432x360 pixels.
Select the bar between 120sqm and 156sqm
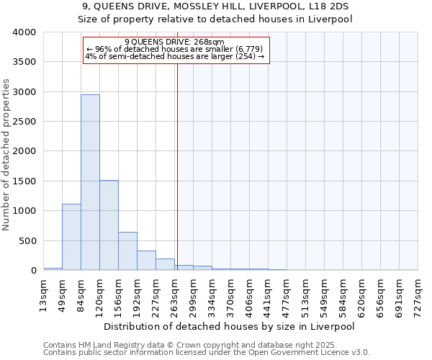pyautogui.click(x=109, y=225)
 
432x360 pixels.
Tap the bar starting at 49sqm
pyautogui.click(x=71, y=237)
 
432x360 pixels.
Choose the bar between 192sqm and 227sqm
pyautogui.click(x=146, y=260)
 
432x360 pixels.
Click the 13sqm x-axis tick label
pyautogui.click(x=43, y=292)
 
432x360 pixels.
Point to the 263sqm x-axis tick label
pyautogui.click(x=175, y=292)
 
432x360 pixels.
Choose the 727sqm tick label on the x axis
pyautogui.click(x=418, y=292)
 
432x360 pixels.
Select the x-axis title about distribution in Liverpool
pyautogui.click(x=230, y=326)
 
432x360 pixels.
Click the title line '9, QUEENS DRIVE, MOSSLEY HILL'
pyautogui.click(x=215, y=6)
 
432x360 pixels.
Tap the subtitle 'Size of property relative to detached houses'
pyautogui.click(x=215, y=19)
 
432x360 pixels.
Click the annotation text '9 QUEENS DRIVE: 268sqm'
pyautogui.click(x=175, y=42)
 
